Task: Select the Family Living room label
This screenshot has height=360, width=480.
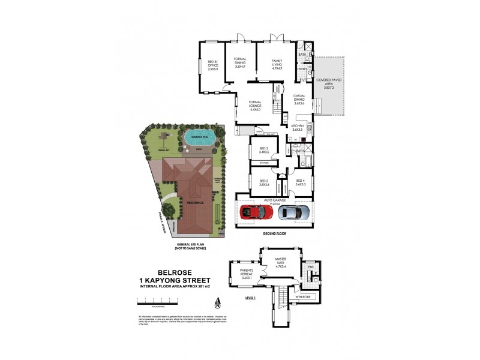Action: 277,63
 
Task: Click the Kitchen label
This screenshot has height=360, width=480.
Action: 298,127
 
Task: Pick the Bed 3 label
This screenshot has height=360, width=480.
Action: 263,151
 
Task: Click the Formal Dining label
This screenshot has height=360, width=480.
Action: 240,63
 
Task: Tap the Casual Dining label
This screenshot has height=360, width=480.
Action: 300,100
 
